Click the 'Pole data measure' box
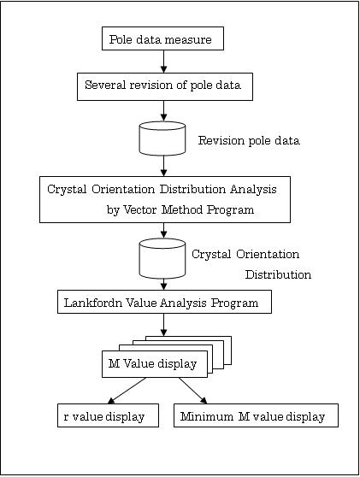pos(162,38)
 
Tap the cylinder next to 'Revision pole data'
pos(162,138)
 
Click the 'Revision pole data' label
pos(249,140)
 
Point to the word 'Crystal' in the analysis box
pos(67,190)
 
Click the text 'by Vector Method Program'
pos(180,209)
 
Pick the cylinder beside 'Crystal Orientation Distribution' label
pos(162,258)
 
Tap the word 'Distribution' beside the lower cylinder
pos(278,274)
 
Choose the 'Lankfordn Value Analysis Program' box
pos(165,302)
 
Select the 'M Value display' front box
pos(155,364)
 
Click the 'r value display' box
pos(108,415)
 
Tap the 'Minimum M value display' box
pos(256,415)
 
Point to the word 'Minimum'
pos(207,416)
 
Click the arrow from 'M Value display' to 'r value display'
pos(127,391)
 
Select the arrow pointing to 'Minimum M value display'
pos(193,391)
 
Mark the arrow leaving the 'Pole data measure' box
pos(163,62)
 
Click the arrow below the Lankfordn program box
pos(163,325)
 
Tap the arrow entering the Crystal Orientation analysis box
pos(163,166)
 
